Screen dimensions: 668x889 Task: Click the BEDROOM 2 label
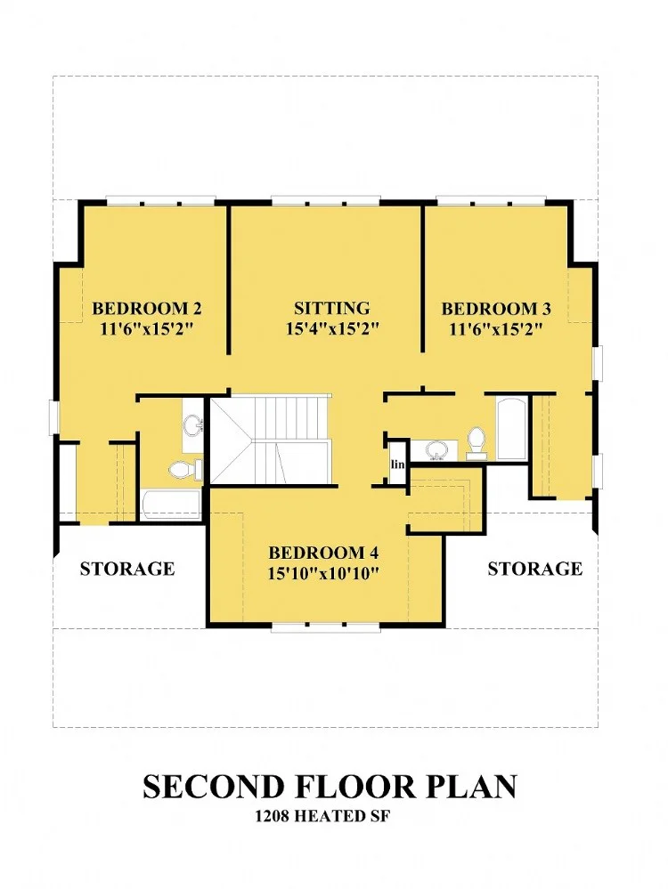click(146, 309)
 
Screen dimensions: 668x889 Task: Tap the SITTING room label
click(332, 309)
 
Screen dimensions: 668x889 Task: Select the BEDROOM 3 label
click(496, 309)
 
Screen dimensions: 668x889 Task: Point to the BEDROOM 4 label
click(323, 553)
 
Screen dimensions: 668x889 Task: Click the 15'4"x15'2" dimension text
click(332, 328)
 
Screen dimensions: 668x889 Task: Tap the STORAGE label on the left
click(127, 568)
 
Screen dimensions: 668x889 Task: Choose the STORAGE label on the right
click(535, 568)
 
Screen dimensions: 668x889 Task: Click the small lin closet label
click(398, 465)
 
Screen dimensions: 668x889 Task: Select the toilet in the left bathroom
click(186, 469)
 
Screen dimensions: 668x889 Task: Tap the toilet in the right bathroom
click(477, 443)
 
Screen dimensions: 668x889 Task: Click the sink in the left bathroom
click(193, 425)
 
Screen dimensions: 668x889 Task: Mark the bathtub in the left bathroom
click(171, 505)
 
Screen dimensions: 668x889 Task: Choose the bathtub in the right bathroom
click(511, 428)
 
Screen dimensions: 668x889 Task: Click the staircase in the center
click(270, 440)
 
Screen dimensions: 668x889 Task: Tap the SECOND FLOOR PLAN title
click(330, 787)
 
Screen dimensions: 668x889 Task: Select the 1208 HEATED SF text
click(322, 816)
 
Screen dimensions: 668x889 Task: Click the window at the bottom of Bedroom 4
click(324, 628)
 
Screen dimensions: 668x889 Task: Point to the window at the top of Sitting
click(324, 200)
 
